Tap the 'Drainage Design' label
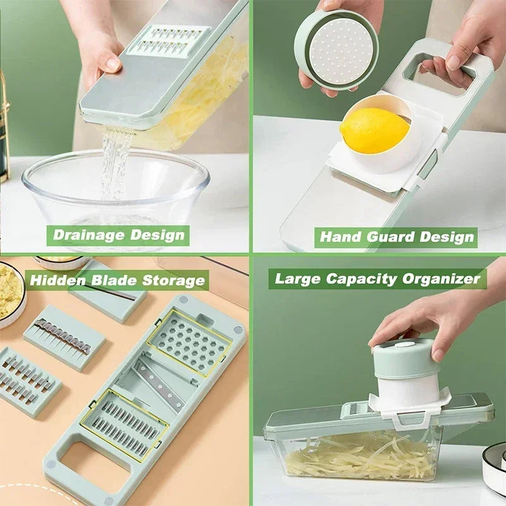118,235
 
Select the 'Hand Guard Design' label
396,237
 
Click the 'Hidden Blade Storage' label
118,280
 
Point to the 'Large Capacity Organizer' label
377,278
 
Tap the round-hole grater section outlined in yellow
189,344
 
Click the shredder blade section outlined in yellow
124,424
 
